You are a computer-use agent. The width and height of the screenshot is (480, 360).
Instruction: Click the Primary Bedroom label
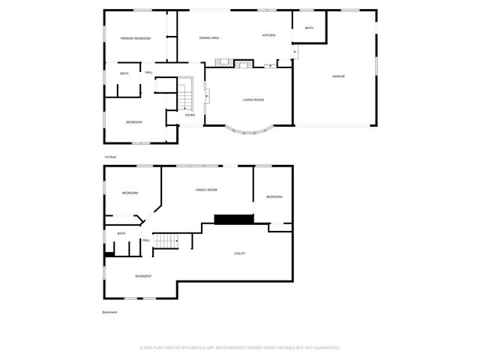click(x=136, y=38)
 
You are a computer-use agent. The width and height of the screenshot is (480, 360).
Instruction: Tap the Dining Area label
click(x=208, y=37)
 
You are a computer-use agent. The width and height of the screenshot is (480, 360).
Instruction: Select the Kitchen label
click(x=268, y=35)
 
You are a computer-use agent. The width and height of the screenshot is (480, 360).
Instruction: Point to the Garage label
click(x=338, y=76)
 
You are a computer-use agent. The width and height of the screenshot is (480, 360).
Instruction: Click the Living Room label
click(x=253, y=100)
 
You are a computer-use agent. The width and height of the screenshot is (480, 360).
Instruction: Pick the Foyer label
click(x=190, y=115)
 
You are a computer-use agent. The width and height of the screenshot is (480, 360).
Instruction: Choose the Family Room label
click(x=206, y=190)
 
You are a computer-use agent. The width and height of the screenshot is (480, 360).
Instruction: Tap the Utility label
click(x=239, y=253)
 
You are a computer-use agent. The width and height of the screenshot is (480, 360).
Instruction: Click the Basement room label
click(x=143, y=276)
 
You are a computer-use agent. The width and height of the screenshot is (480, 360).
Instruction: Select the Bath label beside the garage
click(x=309, y=28)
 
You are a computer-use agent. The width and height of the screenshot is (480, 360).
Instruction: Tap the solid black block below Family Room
click(x=234, y=219)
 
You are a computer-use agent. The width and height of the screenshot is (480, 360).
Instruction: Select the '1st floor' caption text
click(x=111, y=156)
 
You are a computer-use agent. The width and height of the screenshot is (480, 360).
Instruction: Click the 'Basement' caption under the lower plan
click(x=109, y=312)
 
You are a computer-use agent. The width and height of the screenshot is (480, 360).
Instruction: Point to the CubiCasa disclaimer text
click(x=240, y=347)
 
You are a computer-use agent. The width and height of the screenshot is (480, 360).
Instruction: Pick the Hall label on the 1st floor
click(x=148, y=72)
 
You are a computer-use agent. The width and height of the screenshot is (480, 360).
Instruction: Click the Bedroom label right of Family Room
click(x=274, y=196)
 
